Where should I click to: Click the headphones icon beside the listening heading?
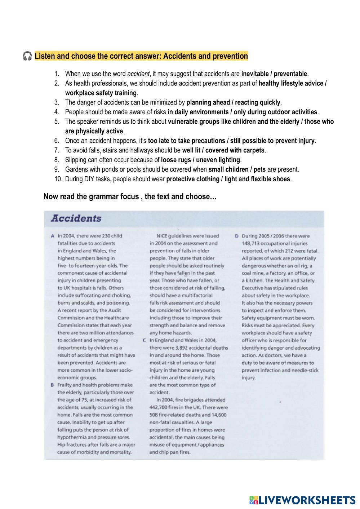pos(27,56)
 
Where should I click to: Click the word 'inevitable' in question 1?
pos(255,74)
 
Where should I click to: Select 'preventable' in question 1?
pos(290,74)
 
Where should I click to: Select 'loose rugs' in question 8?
pos(174,160)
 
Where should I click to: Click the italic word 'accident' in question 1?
pos(138,74)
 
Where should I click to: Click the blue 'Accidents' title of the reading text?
pos(76,218)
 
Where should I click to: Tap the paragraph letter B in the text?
pos(52,385)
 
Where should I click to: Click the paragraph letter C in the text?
pos(144,340)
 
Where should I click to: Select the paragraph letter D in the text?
pos(237,236)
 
